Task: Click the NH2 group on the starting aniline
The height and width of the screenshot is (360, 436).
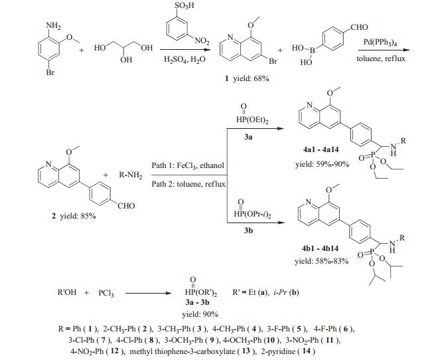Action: [x=53, y=27]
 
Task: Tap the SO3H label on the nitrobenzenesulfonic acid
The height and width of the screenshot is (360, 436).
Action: [x=178, y=7]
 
